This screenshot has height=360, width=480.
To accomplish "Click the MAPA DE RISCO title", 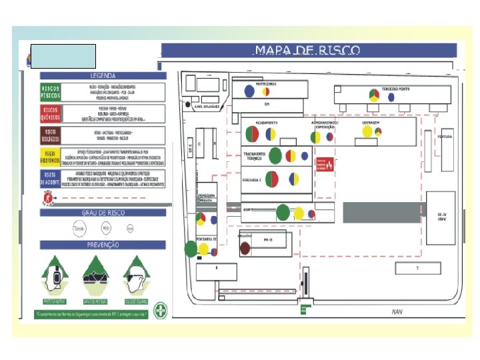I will pyautogui.click(x=307, y=51).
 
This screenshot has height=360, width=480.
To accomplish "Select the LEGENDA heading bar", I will pyautogui.click(x=103, y=76).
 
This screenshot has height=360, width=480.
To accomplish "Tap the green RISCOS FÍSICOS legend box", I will pyautogui.click(x=50, y=92).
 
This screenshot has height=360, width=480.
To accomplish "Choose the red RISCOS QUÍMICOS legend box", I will pyautogui.click(x=50, y=113).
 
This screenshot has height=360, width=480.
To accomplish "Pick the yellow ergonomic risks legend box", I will pyautogui.click(x=50, y=157).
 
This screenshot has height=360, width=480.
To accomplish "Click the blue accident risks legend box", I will pyautogui.click(x=50, y=178).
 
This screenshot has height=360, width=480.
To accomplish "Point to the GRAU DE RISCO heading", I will pyautogui.click(x=103, y=213).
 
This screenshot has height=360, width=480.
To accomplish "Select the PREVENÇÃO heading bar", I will pyautogui.click(x=103, y=245).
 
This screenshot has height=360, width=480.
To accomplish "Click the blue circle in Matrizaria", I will pyautogui.click(x=249, y=91).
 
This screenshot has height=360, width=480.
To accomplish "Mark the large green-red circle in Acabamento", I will pyautogui.click(x=252, y=135).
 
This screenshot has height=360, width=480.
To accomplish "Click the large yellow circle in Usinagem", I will pyautogui.click(x=367, y=132).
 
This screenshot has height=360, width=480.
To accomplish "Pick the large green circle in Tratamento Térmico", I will pyautogui.click(x=275, y=155).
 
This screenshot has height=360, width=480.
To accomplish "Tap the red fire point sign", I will pyautogui.click(x=323, y=164).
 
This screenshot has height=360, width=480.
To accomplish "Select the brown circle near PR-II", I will pyautogui.click(x=245, y=248).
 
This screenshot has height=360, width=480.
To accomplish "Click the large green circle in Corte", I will pyautogui.click(x=283, y=212).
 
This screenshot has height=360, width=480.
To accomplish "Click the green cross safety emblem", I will pyautogui.click(x=160, y=310).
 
